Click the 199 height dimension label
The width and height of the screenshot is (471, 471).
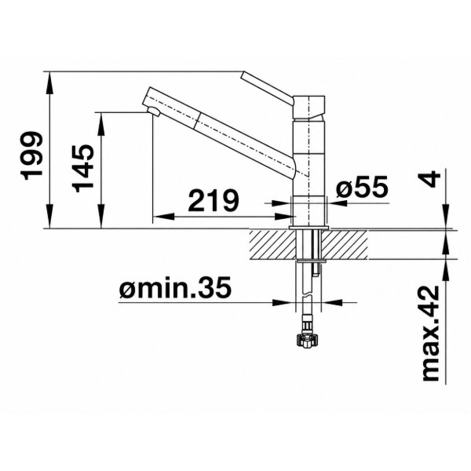pyautogui.click(x=32, y=155)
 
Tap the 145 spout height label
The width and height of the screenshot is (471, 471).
pyautogui.click(x=83, y=168)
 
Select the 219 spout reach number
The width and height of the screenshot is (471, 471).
pyautogui.click(x=214, y=200)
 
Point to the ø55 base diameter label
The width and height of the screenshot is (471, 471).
pyautogui.click(x=362, y=188)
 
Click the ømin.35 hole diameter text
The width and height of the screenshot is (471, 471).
pyautogui.click(x=175, y=287)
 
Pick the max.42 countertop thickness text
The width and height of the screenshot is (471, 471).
pyautogui.click(x=430, y=334)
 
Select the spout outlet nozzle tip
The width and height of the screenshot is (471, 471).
pyautogui.click(x=154, y=111)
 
